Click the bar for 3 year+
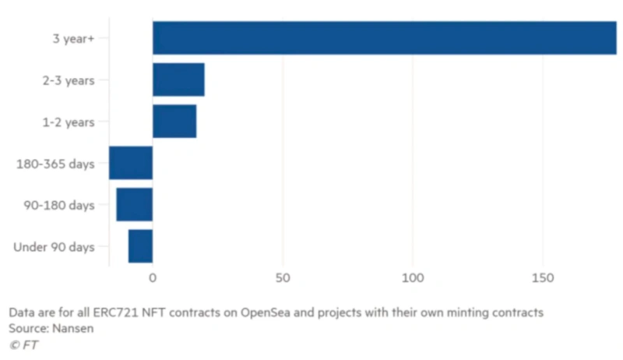tap(384, 38)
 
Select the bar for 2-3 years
tap(178, 80)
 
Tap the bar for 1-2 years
tap(174, 122)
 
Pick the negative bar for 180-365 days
tap(131, 164)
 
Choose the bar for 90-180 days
tap(135, 205)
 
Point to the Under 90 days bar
tap(141, 246)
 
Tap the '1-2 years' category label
tap(69, 122)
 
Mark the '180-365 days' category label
tap(55, 164)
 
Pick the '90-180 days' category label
tap(59, 205)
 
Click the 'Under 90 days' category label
tap(55, 247)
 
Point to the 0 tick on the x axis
tap(153, 278)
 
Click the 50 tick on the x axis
tap(283, 278)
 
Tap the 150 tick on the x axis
tap(543, 278)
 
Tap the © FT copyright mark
tap(23, 344)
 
